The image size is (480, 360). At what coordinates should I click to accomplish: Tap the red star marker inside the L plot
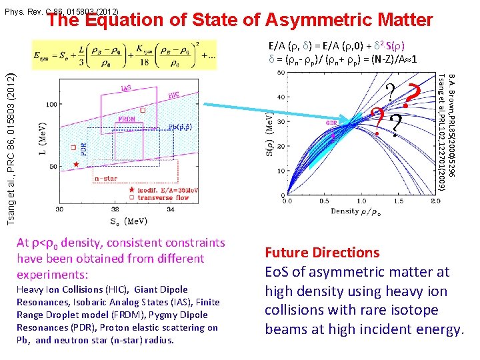[x=77, y=163]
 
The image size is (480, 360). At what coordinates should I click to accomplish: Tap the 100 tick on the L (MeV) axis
[x=51, y=105]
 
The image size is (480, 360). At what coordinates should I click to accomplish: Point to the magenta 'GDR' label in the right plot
[x=332, y=123]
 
